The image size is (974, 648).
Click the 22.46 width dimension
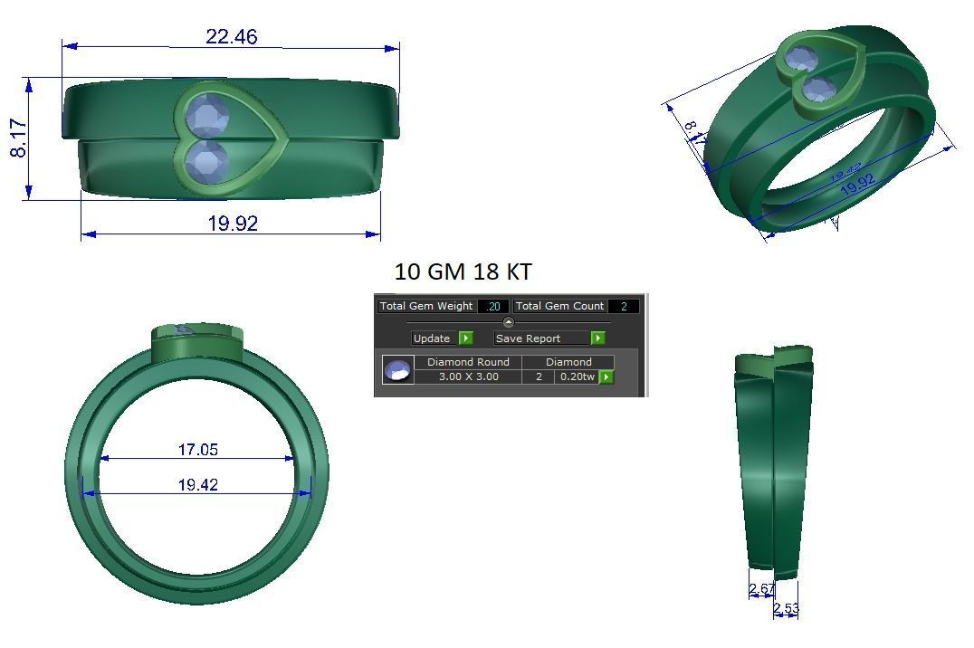(x=231, y=36)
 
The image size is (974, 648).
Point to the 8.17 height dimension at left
(x=18, y=138)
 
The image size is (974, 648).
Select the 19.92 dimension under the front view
(x=233, y=223)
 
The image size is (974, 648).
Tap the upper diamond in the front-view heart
(x=207, y=117)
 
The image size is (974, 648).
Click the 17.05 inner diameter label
(x=197, y=450)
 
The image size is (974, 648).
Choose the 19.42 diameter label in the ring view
(x=197, y=485)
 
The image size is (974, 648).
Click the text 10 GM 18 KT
(x=463, y=272)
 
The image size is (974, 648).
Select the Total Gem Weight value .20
(x=493, y=306)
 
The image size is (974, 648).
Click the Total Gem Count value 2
(x=623, y=306)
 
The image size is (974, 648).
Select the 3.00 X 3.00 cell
(x=468, y=376)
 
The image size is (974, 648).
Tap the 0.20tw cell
(x=577, y=376)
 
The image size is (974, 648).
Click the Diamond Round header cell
(x=468, y=362)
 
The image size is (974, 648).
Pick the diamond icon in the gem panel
(x=397, y=370)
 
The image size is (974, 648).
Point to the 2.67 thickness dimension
(x=761, y=589)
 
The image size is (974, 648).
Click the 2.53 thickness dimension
(x=787, y=609)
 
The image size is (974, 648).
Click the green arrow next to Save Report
(x=597, y=338)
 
